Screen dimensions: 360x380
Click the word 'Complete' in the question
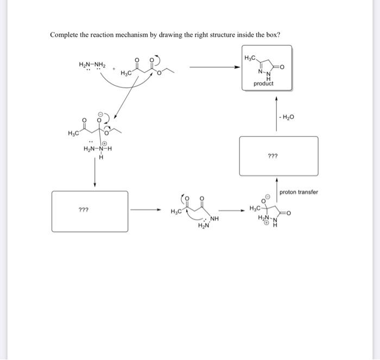(65, 35)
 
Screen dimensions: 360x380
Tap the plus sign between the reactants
(114, 70)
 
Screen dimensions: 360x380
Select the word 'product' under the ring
(263, 84)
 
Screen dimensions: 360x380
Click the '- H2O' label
(286, 117)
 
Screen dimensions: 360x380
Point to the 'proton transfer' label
(299, 192)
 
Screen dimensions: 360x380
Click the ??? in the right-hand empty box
(273, 155)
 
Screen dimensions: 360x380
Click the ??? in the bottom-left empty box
(84, 209)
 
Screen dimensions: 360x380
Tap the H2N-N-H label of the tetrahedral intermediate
(98, 149)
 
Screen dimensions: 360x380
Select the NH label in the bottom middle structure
(214, 219)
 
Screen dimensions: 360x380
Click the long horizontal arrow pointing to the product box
(214, 68)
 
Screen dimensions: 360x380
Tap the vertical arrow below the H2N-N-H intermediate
(95, 173)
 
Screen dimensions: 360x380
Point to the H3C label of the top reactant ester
(126, 73)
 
